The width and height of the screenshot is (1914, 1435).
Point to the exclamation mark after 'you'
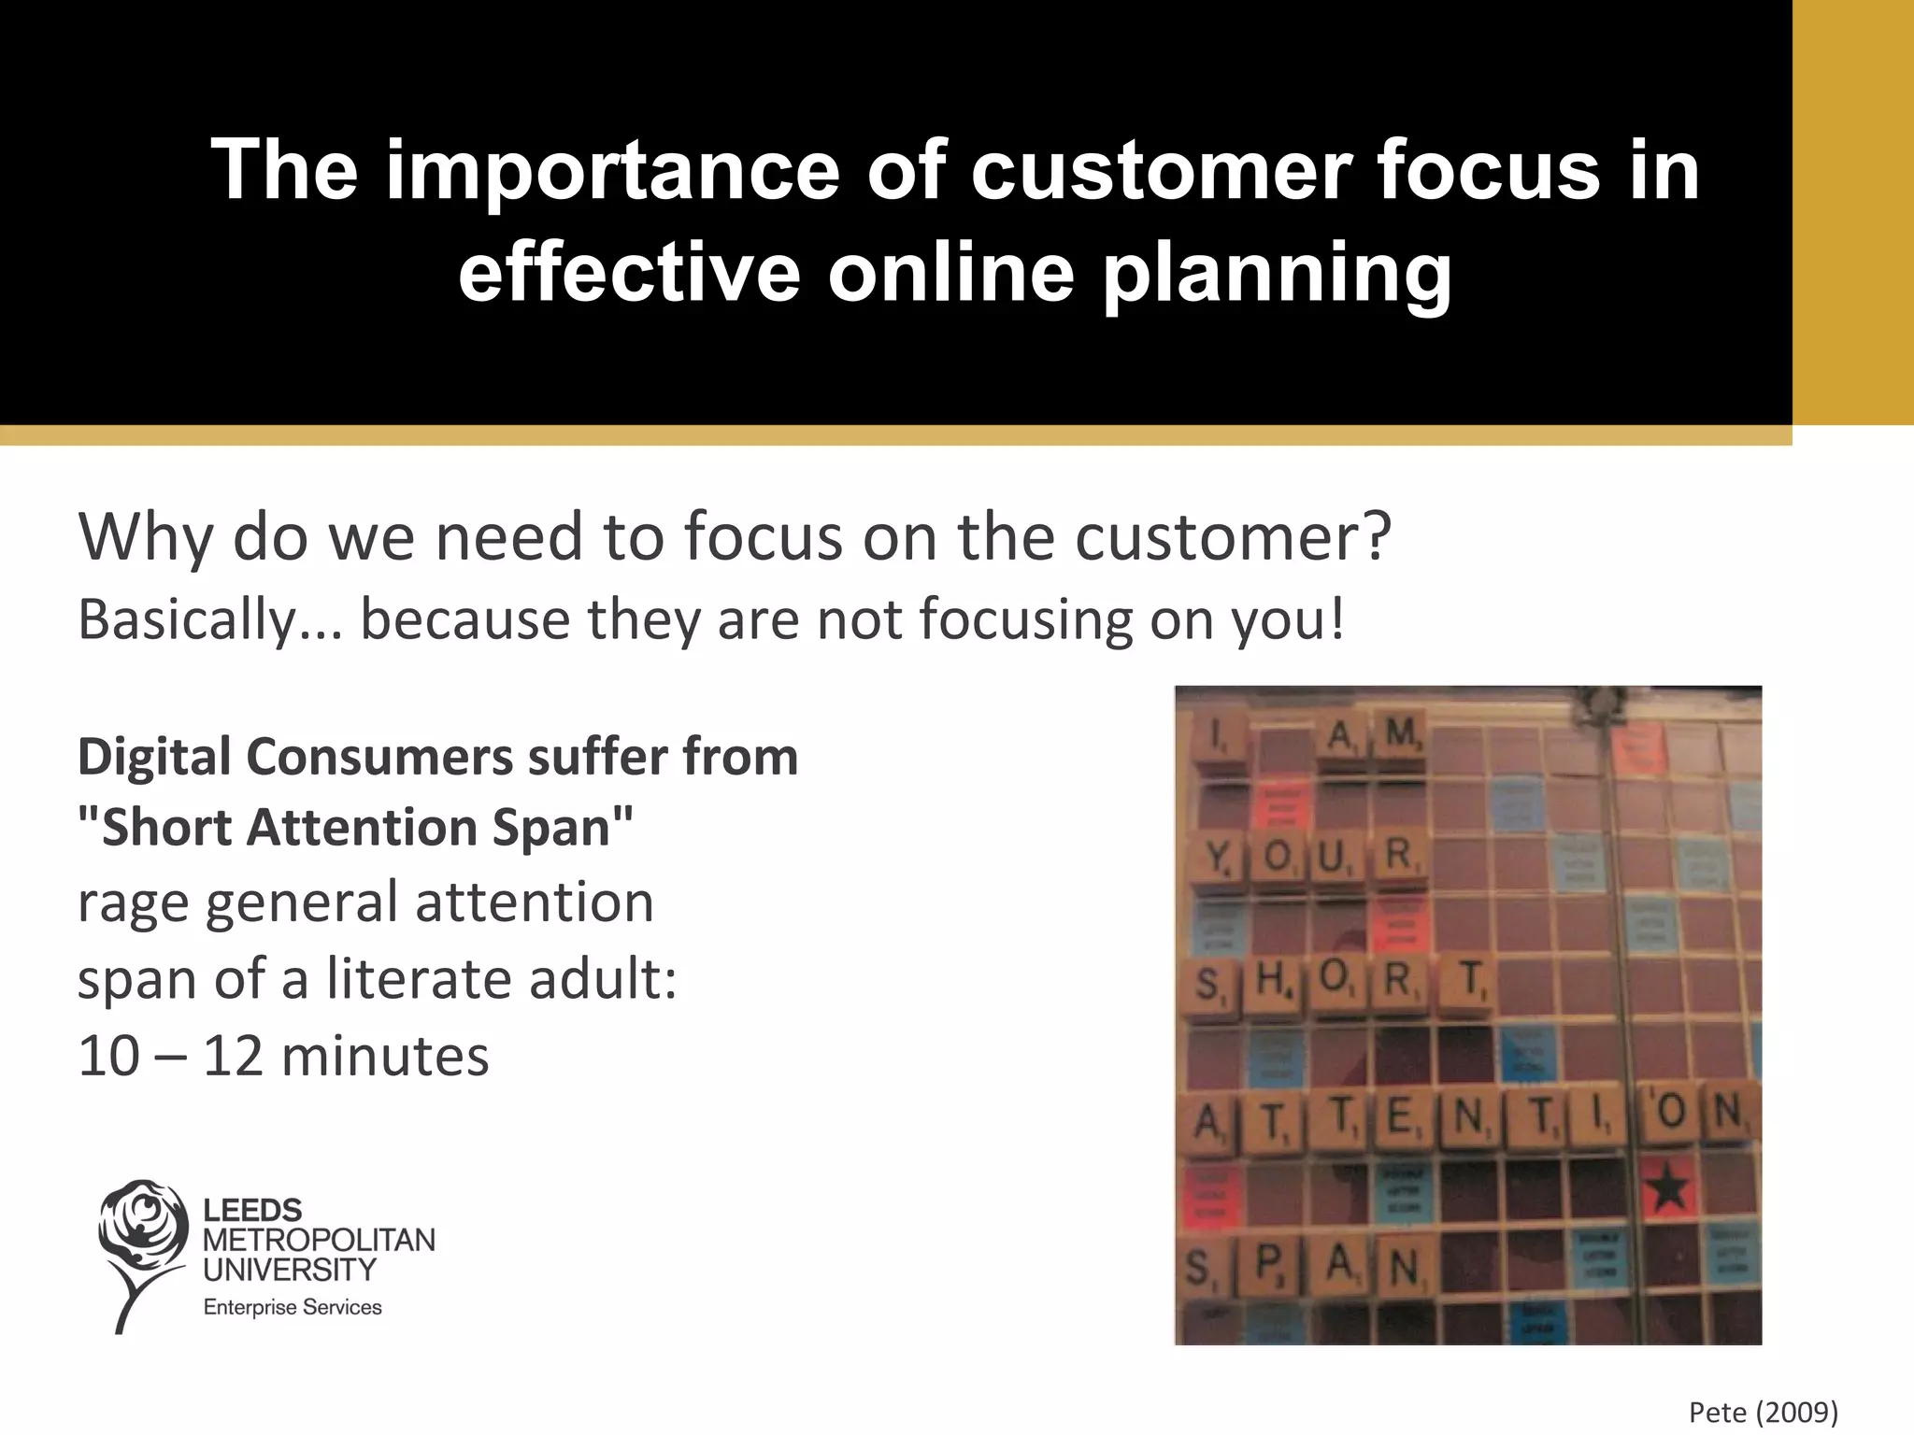pyautogui.click(x=1337, y=619)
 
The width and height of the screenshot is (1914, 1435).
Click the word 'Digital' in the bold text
pyautogui.click(x=153, y=756)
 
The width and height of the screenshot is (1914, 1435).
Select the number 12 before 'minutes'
pyautogui.click(x=233, y=1057)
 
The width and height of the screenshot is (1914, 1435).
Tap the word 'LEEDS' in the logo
pyautogui.click(x=252, y=1210)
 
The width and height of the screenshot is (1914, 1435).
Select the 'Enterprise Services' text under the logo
pyautogui.click(x=293, y=1307)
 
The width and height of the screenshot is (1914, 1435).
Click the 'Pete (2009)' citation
pyautogui.click(x=1763, y=1412)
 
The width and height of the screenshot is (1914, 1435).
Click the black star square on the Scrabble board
pyautogui.click(x=1669, y=1189)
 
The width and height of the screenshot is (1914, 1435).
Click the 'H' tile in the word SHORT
pyautogui.click(x=1271, y=980)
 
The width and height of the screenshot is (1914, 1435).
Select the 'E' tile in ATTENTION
pyautogui.click(x=1400, y=1116)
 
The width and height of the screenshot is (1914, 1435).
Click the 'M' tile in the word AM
pyautogui.click(x=1399, y=735)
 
